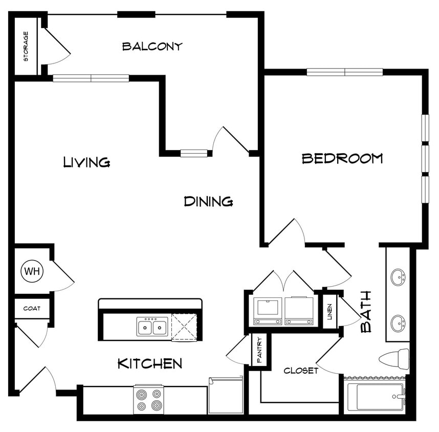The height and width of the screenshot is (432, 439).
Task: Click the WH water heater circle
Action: point(32,271)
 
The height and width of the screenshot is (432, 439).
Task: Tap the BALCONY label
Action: point(152,47)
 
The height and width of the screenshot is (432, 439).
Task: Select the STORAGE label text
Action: point(26,47)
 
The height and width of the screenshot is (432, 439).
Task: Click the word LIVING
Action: point(86,162)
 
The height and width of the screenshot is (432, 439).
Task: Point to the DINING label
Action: point(208,202)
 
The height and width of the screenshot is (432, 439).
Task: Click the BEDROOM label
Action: point(342,158)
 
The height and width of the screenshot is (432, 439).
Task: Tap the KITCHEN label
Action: point(149,364)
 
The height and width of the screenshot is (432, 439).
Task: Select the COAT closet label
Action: point(32,309)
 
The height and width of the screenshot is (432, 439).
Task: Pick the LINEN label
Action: point(330,311)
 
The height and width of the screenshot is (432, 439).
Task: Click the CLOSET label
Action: point(301,371)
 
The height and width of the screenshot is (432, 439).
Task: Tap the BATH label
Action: point(366,312)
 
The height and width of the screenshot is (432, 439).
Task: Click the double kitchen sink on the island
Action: point(152,327)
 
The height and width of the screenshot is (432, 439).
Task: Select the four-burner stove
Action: point(148,399)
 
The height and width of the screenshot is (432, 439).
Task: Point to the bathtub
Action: point(376,397)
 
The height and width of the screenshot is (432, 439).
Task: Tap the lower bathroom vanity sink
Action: point(398,323)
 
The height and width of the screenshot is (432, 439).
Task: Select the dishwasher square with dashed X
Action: point(184,327)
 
